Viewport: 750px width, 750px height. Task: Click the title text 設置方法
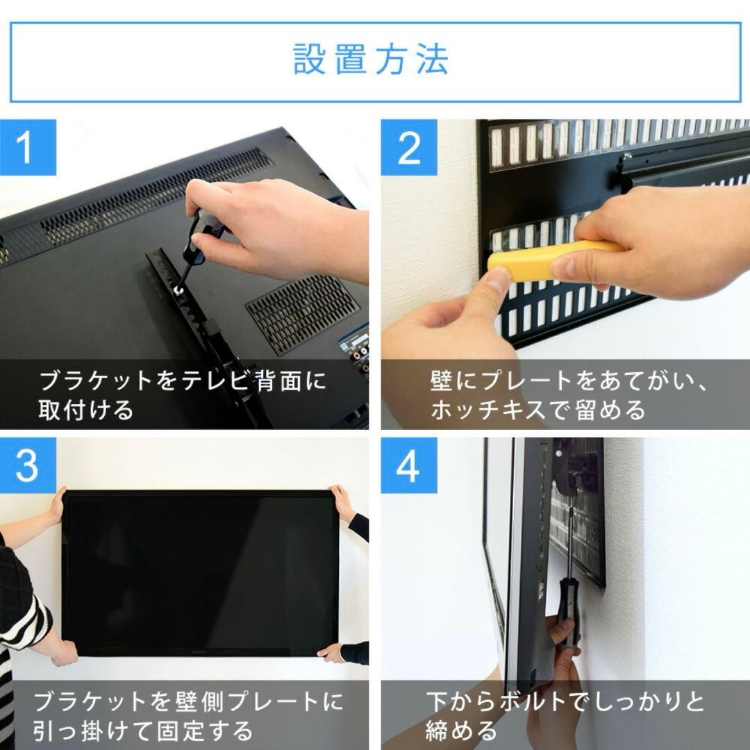[x=371, y=60]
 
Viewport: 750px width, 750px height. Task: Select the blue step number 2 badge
[x=408, y=147]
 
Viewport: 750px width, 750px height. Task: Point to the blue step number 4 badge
[x=408, y=466]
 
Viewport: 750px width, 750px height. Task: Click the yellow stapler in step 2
[x=549, y=261]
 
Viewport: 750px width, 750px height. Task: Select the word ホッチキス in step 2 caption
[x=490, y=410]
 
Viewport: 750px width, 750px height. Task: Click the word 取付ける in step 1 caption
[x=86, y=410]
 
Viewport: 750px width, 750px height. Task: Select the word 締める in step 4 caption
[x=461, y=731]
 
